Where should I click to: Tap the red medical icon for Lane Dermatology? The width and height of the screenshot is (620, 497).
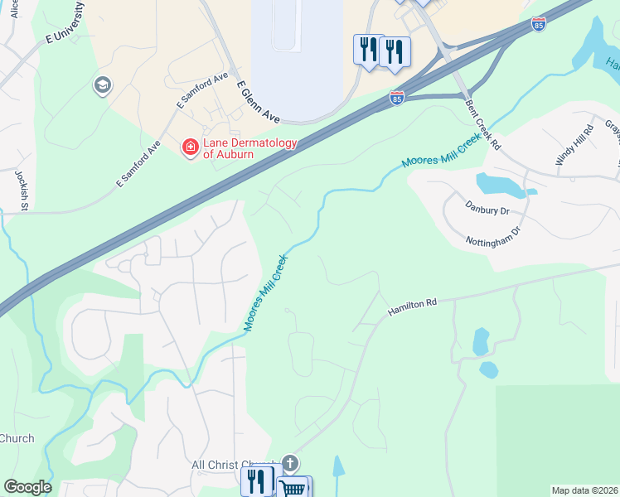[x=190, y=147]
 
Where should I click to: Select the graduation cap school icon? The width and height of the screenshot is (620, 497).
[x=103, y=85]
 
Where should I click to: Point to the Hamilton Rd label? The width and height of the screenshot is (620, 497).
[x=412, y=307]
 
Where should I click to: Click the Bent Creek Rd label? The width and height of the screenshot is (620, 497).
[x=483, y=124]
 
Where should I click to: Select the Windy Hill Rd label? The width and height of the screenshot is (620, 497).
[x=575, y=145]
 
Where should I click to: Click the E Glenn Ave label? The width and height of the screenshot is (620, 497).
[x=258, y=102]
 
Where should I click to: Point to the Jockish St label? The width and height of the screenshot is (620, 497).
[x=22, y=190]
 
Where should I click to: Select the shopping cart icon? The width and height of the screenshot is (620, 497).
[x=292, y=488]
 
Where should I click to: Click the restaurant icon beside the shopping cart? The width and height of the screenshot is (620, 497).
[x=257, y=481]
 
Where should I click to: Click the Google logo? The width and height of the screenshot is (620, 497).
[x=27, y=487]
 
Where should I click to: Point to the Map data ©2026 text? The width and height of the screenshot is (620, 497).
[x=584, y=490]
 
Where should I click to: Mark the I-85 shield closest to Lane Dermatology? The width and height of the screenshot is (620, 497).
[x=398, y=98]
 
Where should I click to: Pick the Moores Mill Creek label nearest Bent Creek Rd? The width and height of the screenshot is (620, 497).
[x=441, y=150]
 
